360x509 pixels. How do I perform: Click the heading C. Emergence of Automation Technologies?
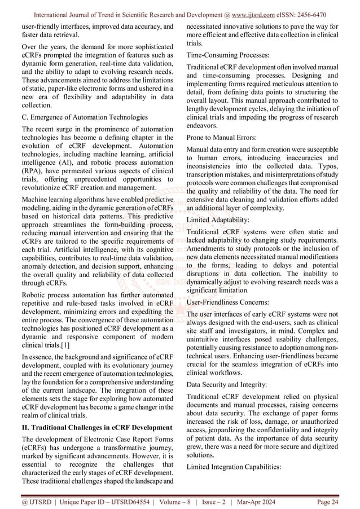pos(81,117)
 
